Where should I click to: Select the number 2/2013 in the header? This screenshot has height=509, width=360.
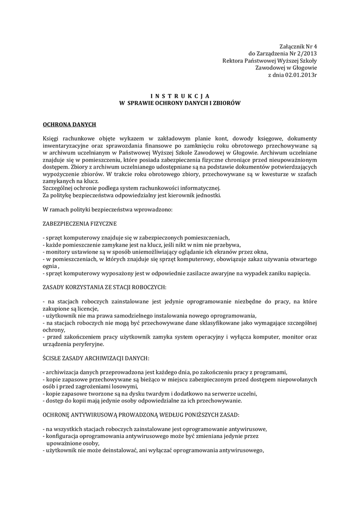(306, 53)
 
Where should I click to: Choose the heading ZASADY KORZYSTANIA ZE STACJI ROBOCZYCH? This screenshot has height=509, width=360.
(104, 287)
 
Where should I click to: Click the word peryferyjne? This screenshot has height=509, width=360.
(90, 344)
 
